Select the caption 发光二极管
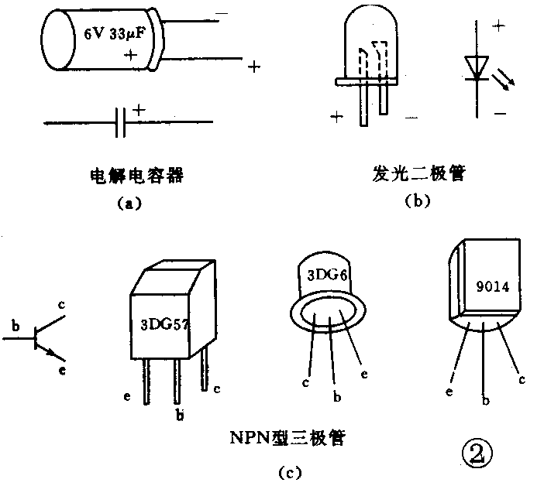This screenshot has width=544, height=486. click(418, 174)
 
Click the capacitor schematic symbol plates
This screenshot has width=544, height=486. click(120, 122)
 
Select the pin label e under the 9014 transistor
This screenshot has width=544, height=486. click(449, 392)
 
